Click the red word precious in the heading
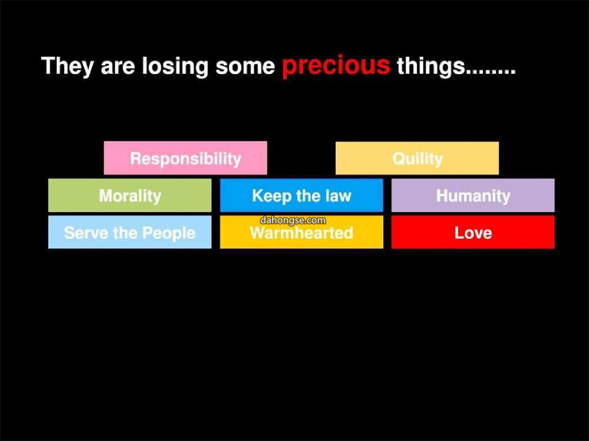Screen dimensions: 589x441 tap(336, 66)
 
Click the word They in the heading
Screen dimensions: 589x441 tap(68, 66)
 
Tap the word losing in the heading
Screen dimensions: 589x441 tap(175, 66)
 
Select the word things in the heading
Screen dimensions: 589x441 tap(431, 66)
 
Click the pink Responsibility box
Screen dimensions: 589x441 tap(185, 158)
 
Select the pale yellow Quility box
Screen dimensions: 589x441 tap(417, 158)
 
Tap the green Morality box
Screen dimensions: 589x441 tap(130, 195)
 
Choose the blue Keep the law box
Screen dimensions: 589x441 tap(302, 195)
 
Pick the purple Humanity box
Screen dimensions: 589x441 tap(473, 195)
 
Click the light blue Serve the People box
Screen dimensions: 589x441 tap(130, 232)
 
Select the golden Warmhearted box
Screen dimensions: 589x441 tap(302, 232)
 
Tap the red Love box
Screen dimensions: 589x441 tap(473, 232)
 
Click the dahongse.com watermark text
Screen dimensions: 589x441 tap(293, 220)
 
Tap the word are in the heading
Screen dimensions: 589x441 tap(118, 68)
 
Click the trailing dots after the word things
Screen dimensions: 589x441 tap(491, 72)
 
